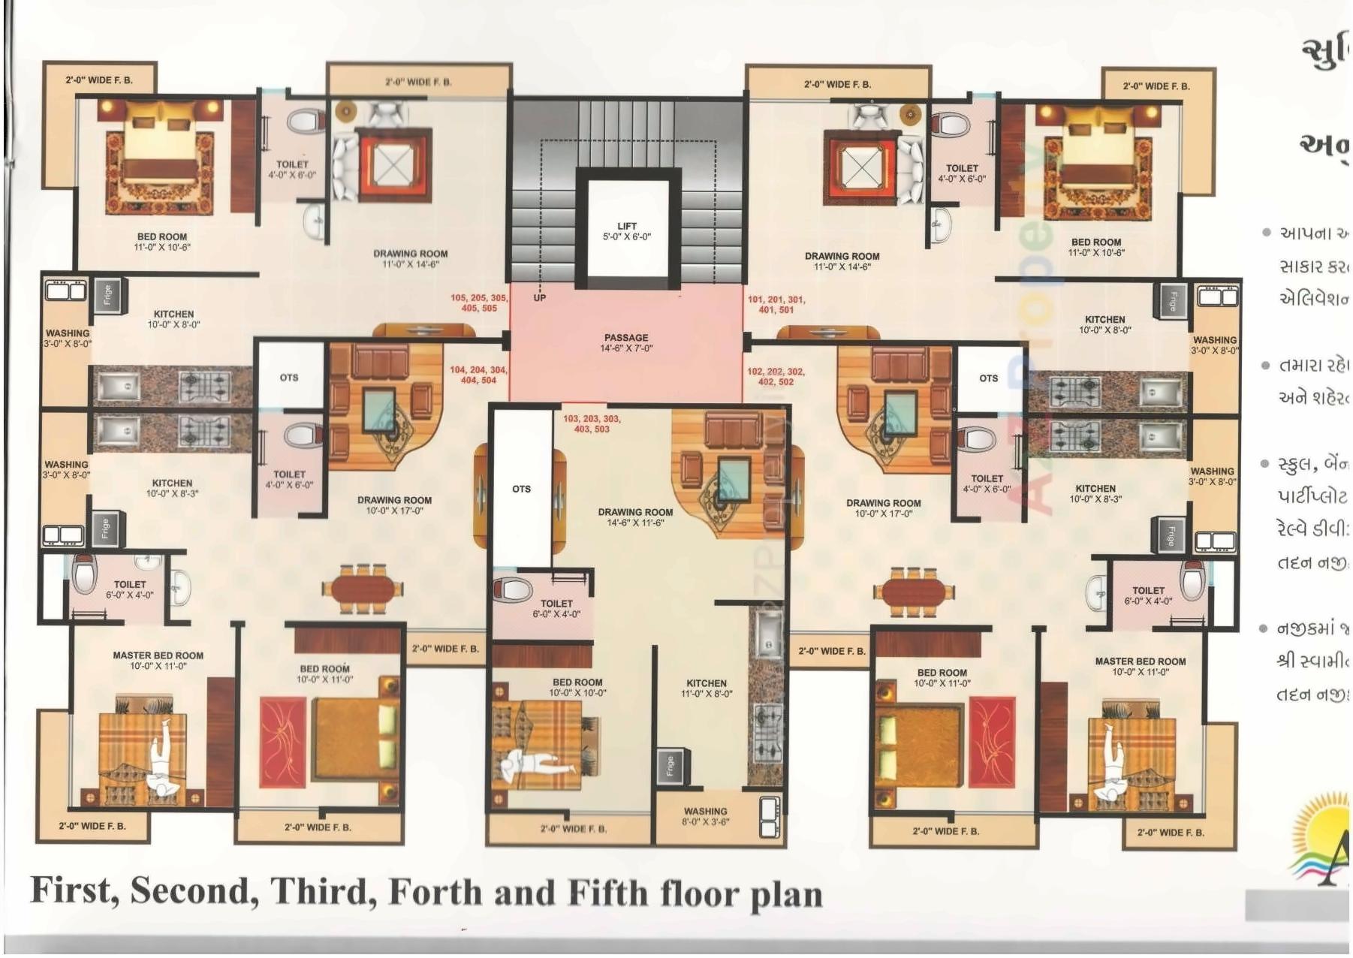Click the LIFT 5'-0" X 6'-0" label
[627, 231]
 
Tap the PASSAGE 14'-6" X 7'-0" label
[626, 343]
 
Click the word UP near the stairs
[539, 298]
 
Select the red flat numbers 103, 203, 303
[592, 423]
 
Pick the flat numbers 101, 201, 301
[776, 305]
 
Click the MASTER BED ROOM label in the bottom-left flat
[158, 661]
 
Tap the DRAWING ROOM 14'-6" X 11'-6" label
[635, 517]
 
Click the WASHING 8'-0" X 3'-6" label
[705, 816]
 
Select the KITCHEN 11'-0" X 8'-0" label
[706, 688]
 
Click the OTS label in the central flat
[521, 489]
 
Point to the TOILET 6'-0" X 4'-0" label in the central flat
[556, 608]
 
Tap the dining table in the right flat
[912, 592]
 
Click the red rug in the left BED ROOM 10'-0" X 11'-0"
[282, 741]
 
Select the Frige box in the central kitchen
[670, 766]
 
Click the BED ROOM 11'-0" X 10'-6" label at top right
[1095, 247]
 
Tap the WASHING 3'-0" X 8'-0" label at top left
[68, 338]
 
